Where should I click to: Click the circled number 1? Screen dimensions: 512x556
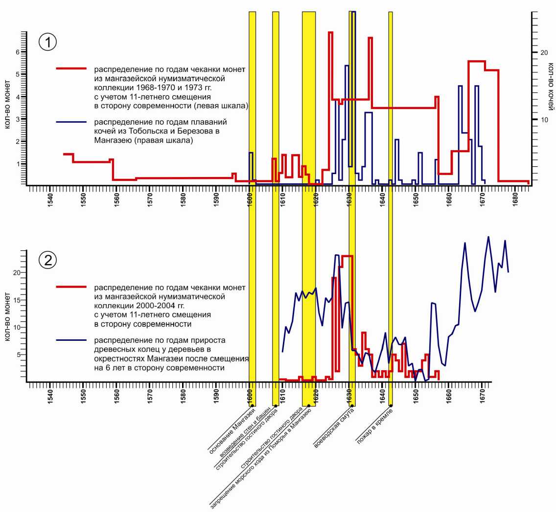pos(47,43)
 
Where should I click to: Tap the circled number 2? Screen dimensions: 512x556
pos(47,260)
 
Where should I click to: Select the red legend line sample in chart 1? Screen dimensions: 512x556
pos(71,69)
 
